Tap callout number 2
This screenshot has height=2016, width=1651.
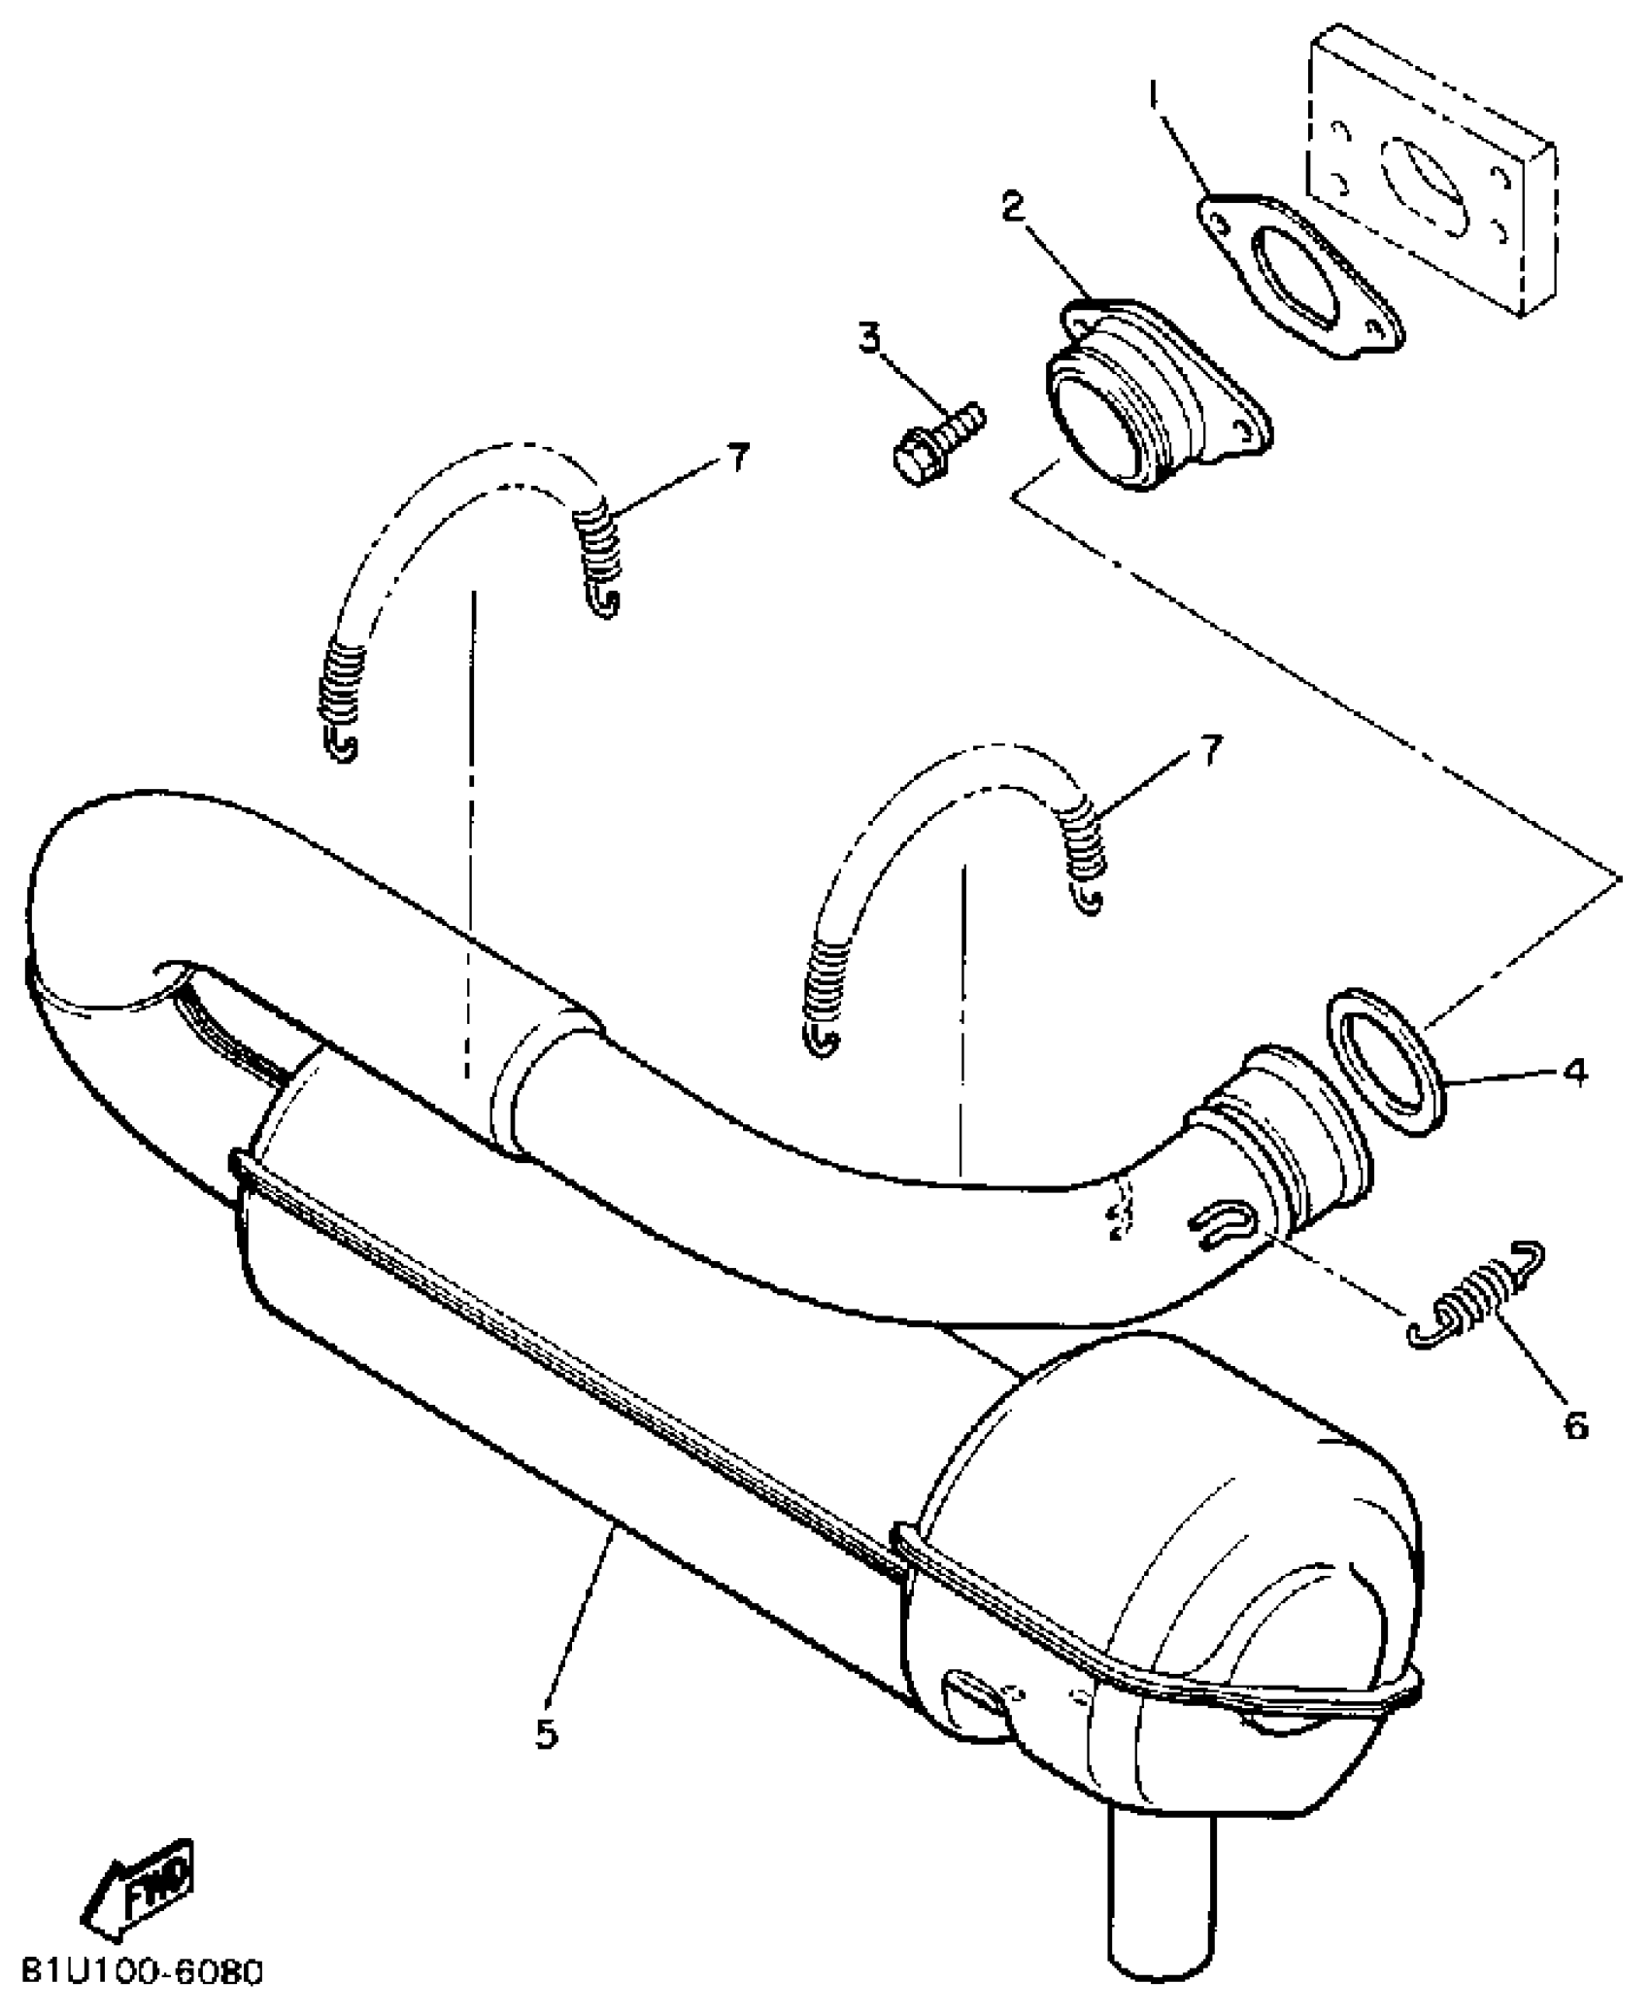(x=1013, y=208)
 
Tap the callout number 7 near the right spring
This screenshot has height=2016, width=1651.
(x=1210, y=751)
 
